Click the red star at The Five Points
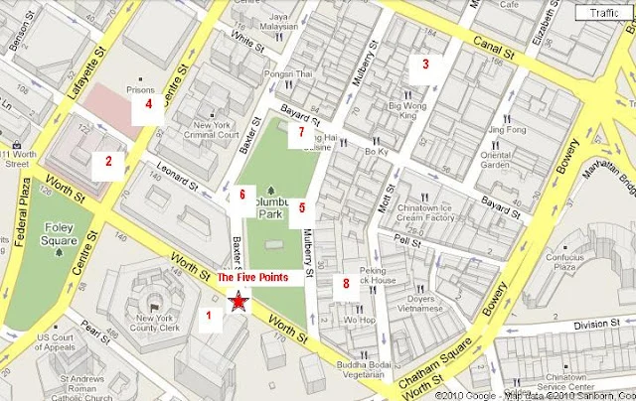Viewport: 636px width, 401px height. [x=238, y=303]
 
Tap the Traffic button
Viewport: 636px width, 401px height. [x=603, y=13]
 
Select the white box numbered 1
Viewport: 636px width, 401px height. [x=209, y=317]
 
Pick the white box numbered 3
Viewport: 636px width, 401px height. [x=425, y=67]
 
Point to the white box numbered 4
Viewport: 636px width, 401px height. [x=148, y=104]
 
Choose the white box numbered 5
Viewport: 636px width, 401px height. [x=302, y=210]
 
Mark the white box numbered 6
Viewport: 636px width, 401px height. [x=240, y=197]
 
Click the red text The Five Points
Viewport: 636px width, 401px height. [x=252, y=279]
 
